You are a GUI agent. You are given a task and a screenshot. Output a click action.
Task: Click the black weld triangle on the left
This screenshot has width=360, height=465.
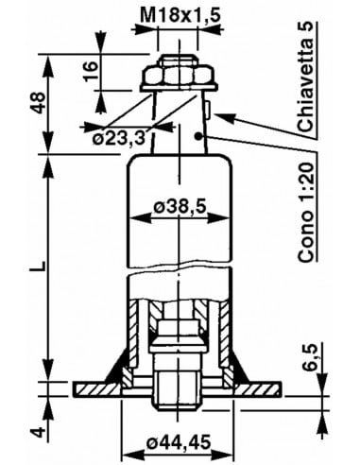tap(118, 372)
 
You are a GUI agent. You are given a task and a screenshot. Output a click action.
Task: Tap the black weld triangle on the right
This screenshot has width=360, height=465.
tap(236, 372)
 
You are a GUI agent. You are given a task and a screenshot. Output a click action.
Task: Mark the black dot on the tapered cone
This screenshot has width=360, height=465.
tap(199, 136)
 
